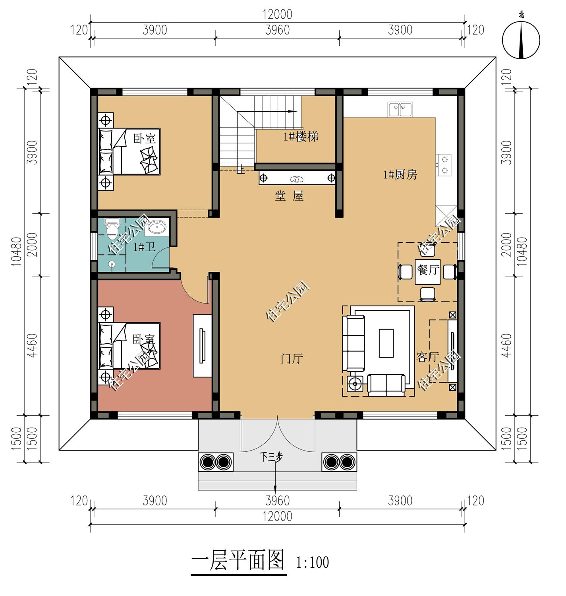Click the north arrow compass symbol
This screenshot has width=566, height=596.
pyautogui.click(x=521, y=39)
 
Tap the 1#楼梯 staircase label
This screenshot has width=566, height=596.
pyautogui.click(x=301, y=137)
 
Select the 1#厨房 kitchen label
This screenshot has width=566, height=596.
pyautogui.click(x=400, y=174)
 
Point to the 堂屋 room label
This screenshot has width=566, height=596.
pyautogui.click(x=289, y=196)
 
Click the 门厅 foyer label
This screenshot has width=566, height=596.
pyautogui.click(x=292, y=358)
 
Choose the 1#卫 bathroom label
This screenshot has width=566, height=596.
pyautogui.click(x=144, y=247)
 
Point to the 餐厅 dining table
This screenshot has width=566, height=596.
pyautogui.click(x=427, y=272)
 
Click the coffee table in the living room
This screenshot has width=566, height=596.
pyautogui.click(x=386, y=343)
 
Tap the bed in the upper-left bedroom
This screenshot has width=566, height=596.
pyautogui.click(x=129, y=151)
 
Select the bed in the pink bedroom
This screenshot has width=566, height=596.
pyautogui.click(x=129, y=346)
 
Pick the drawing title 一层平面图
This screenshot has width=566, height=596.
pyautogui.click(x=238, y=561)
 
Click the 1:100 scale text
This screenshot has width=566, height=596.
pyautogui.click(x=313, y=563)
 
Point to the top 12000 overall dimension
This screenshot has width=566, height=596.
pyautogui.click(x=277, y=15)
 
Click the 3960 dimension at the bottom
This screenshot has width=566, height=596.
pyautogui.click(x=277, y=501)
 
